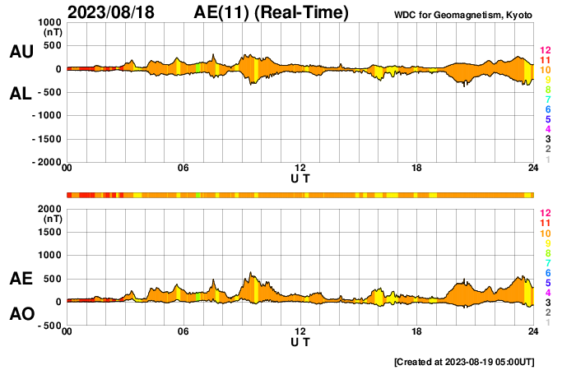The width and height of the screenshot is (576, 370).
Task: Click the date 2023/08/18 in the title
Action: point(112,12)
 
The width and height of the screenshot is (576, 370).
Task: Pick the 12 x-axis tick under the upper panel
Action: point(300,169)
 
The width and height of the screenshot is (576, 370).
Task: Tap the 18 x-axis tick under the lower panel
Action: point(417,331)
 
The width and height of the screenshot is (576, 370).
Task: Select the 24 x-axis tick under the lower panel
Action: point(533,331)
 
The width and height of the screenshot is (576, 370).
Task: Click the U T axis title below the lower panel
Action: point(300,342)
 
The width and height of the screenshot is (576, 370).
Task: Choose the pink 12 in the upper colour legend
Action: point(545,50)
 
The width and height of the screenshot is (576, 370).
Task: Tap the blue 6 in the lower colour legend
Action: point(547,272)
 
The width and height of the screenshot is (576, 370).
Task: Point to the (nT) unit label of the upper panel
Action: point(52,33)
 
